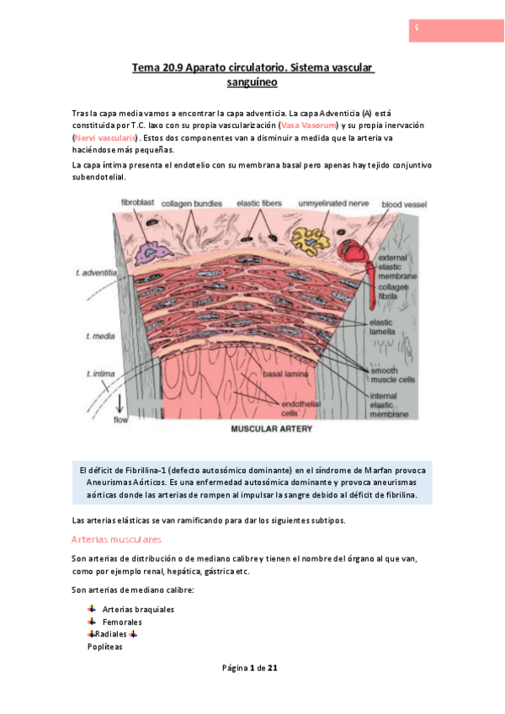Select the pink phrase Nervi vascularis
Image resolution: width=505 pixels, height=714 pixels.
pos(107,137)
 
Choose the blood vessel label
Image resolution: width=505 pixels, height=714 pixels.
pos(404,204)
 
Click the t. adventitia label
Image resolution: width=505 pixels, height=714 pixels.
pos(95,273)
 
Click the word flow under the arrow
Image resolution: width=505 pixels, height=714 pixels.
pos(120,418)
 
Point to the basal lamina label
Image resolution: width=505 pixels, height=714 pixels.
pos(284,373)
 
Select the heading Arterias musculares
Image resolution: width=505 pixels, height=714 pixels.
pos(116,539)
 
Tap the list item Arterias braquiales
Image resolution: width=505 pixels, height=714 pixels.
pos(138,609)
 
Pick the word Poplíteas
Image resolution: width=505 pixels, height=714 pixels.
pos(105,647)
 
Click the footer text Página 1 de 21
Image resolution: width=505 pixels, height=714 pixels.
pos(250,668)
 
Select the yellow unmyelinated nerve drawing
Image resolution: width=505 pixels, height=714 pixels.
pos(309,239)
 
